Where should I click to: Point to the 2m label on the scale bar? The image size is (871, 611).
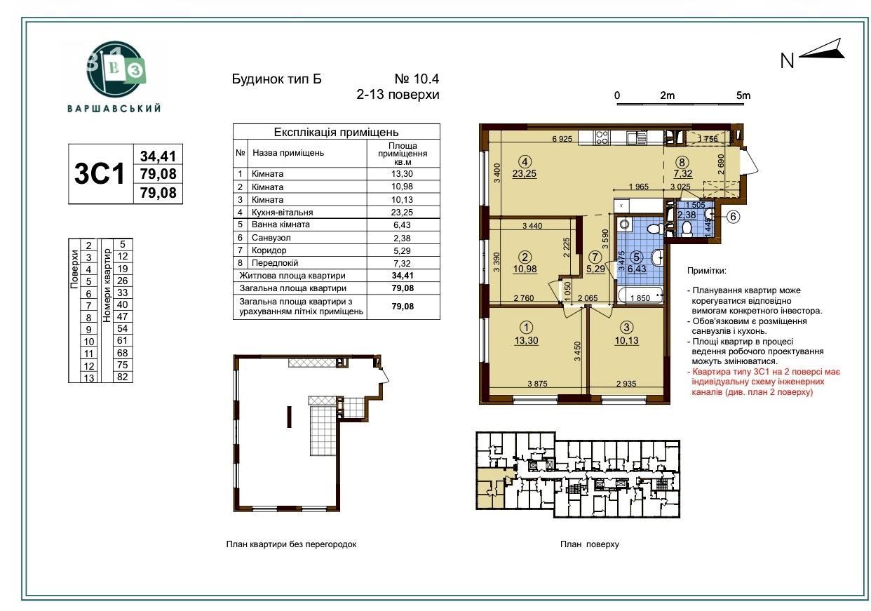pyautogui.click(x=667, y=95)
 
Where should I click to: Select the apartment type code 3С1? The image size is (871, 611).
pyautogui.click(x=100, y=173)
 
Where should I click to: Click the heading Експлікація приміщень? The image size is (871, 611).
pyautogui.click(x=337, y=133)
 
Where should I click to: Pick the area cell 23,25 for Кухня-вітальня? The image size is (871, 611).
pyautogui.click(x=402, y=213)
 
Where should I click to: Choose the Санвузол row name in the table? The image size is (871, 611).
pyautogui.click(x=271, y=238)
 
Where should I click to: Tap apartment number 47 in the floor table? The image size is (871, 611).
pyautogui.click(x=123, y=316)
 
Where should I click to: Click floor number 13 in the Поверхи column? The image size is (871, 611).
pyautogui.click(x=88, y=377)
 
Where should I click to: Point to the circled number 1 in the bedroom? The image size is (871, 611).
pyautogui.click(x=527, y=328)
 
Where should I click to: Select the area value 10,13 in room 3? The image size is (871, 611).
pyautogui.click(x=626, y=341)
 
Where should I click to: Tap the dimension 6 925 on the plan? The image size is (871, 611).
pyautogui.click(x=562, y=138)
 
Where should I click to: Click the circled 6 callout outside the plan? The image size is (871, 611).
pyautogui.click(x=734, y=216)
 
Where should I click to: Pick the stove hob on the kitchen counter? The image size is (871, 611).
pyautogui.click(x=602, y=137)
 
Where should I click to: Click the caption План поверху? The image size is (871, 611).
pyautogui.click(x=590, y=544)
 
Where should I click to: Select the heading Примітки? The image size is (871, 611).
pyautogui.click(x=706, y=271)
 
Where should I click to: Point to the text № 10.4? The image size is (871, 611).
pyautogui.click(x=417, y=79)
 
